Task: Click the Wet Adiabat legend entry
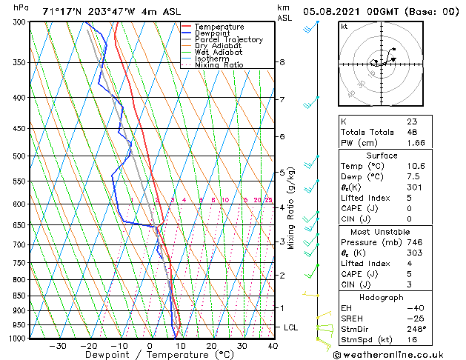(218, 52)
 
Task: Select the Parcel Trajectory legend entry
(228, 39)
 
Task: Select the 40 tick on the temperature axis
(273, 346)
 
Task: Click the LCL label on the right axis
(292, 327)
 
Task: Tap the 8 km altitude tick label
(282, 62)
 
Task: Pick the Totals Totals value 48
(412, 132)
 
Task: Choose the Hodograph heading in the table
(382, 298)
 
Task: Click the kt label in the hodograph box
(344, 27)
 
